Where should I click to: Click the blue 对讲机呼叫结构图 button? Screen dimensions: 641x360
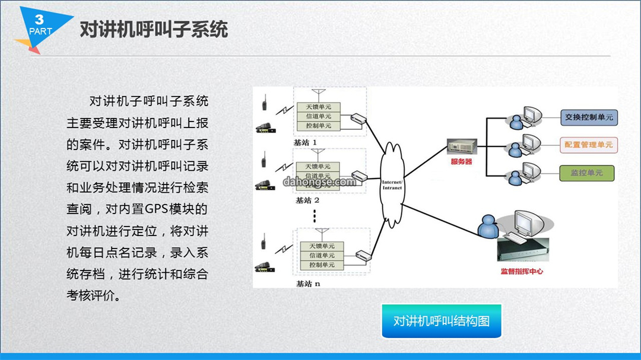[x=442, y=321]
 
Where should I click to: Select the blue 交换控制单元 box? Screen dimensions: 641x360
[x=589, y=117]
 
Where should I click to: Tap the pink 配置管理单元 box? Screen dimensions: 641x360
[x=588, y=145]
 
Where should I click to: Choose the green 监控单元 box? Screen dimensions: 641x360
[x=586, y=173]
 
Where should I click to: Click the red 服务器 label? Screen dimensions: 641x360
[x=461, y=161]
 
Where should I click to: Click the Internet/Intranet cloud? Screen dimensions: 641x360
[x=392, y=184]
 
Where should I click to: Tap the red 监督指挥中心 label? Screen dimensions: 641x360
[x=522, y=271]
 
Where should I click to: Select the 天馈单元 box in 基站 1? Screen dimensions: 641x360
[x=319, y=107]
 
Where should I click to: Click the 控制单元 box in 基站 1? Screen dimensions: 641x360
[x=319, y=126]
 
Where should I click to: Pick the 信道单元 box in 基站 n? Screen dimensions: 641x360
[x=322, y=256]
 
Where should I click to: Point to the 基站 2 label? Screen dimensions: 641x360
[x=307, y=200]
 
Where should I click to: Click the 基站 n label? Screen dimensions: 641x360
[x=308, y=283]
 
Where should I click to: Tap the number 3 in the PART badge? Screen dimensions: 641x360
[x=39, y=19]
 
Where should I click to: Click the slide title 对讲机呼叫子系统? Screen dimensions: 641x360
[x=154, y=30]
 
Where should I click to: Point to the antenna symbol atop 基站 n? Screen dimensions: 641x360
[x=322, y=233]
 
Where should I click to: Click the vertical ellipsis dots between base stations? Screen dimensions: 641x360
[x=315, y=216]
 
